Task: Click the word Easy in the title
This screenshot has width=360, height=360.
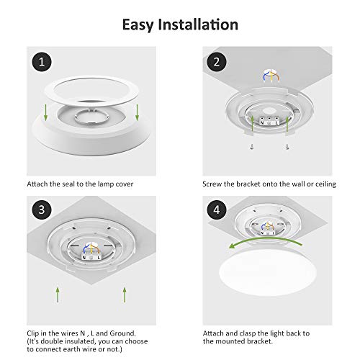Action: click(141, 25)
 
